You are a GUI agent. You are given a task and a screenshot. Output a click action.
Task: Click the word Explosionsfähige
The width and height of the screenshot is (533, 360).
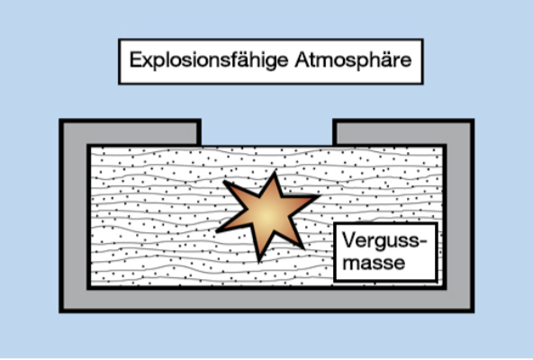209,60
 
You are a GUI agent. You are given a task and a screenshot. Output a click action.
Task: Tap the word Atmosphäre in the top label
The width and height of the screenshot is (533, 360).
353,59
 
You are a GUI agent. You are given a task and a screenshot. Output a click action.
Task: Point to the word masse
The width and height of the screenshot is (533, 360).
374,263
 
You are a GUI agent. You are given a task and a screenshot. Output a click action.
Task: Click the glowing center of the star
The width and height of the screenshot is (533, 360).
267,214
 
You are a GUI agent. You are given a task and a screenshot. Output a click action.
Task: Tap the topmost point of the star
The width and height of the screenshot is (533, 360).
275,172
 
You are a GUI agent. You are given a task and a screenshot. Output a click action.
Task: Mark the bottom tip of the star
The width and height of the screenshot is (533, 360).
259,262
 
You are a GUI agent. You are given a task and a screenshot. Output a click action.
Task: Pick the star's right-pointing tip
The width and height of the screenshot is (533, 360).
320,196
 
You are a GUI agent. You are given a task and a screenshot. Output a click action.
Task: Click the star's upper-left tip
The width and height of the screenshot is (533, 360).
224,182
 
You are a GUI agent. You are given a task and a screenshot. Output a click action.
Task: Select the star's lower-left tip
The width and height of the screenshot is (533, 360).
218,231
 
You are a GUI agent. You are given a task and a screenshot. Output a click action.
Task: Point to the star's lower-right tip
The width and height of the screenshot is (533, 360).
303,247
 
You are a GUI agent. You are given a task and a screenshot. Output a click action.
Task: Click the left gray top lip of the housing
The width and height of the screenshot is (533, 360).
131,133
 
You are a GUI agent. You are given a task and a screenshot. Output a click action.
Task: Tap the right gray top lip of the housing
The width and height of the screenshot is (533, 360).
403,133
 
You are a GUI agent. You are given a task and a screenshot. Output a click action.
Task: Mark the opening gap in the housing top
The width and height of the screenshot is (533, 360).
266,133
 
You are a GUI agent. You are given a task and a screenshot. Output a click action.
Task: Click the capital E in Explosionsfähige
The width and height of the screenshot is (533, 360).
136,59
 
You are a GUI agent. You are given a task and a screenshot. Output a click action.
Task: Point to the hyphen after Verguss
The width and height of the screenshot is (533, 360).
422,242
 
